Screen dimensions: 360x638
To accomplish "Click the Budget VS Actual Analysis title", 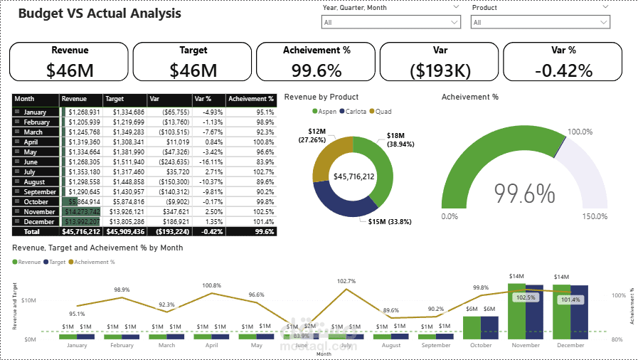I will tap(99, 14).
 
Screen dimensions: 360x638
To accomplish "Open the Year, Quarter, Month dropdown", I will tap(390, 22).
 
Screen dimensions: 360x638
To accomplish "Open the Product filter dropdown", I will tap(540, 22).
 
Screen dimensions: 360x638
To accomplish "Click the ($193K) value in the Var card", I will tap(439, 70).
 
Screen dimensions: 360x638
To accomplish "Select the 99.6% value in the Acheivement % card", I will tap(316, 70).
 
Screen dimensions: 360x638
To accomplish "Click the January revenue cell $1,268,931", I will tap(84, 112).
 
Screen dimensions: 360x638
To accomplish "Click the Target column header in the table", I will tap(115, 100).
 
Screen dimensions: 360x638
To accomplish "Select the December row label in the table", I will tap(40, 222).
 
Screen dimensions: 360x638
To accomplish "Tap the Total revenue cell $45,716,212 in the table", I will tap(81, 232).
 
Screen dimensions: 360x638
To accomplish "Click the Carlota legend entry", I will tap(356, 112).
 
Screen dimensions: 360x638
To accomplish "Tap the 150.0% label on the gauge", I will tap(595, 216).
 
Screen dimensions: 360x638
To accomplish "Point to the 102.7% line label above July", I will tap(346, 281).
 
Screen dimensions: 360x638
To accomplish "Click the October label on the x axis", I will tap(481, 345).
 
